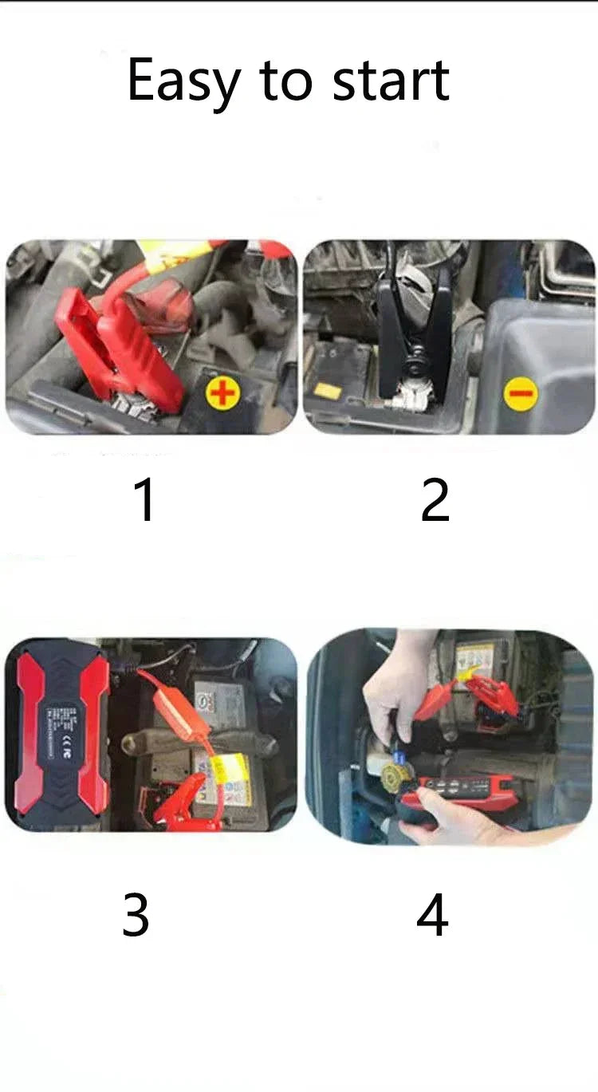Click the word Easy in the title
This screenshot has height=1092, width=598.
click(183, 81)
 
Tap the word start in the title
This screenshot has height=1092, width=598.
click(391, 81)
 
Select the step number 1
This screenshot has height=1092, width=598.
click(144, 500)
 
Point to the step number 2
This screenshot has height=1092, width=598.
click(435, 500)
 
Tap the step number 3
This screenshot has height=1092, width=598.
click(136, 916)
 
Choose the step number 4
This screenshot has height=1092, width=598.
click(432, 916)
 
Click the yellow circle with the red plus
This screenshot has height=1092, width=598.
click(222, 394)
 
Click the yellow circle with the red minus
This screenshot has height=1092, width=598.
click(521, 394)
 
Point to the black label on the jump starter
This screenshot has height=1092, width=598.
click(59, 732)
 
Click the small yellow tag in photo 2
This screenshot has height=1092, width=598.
click(326, 390)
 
